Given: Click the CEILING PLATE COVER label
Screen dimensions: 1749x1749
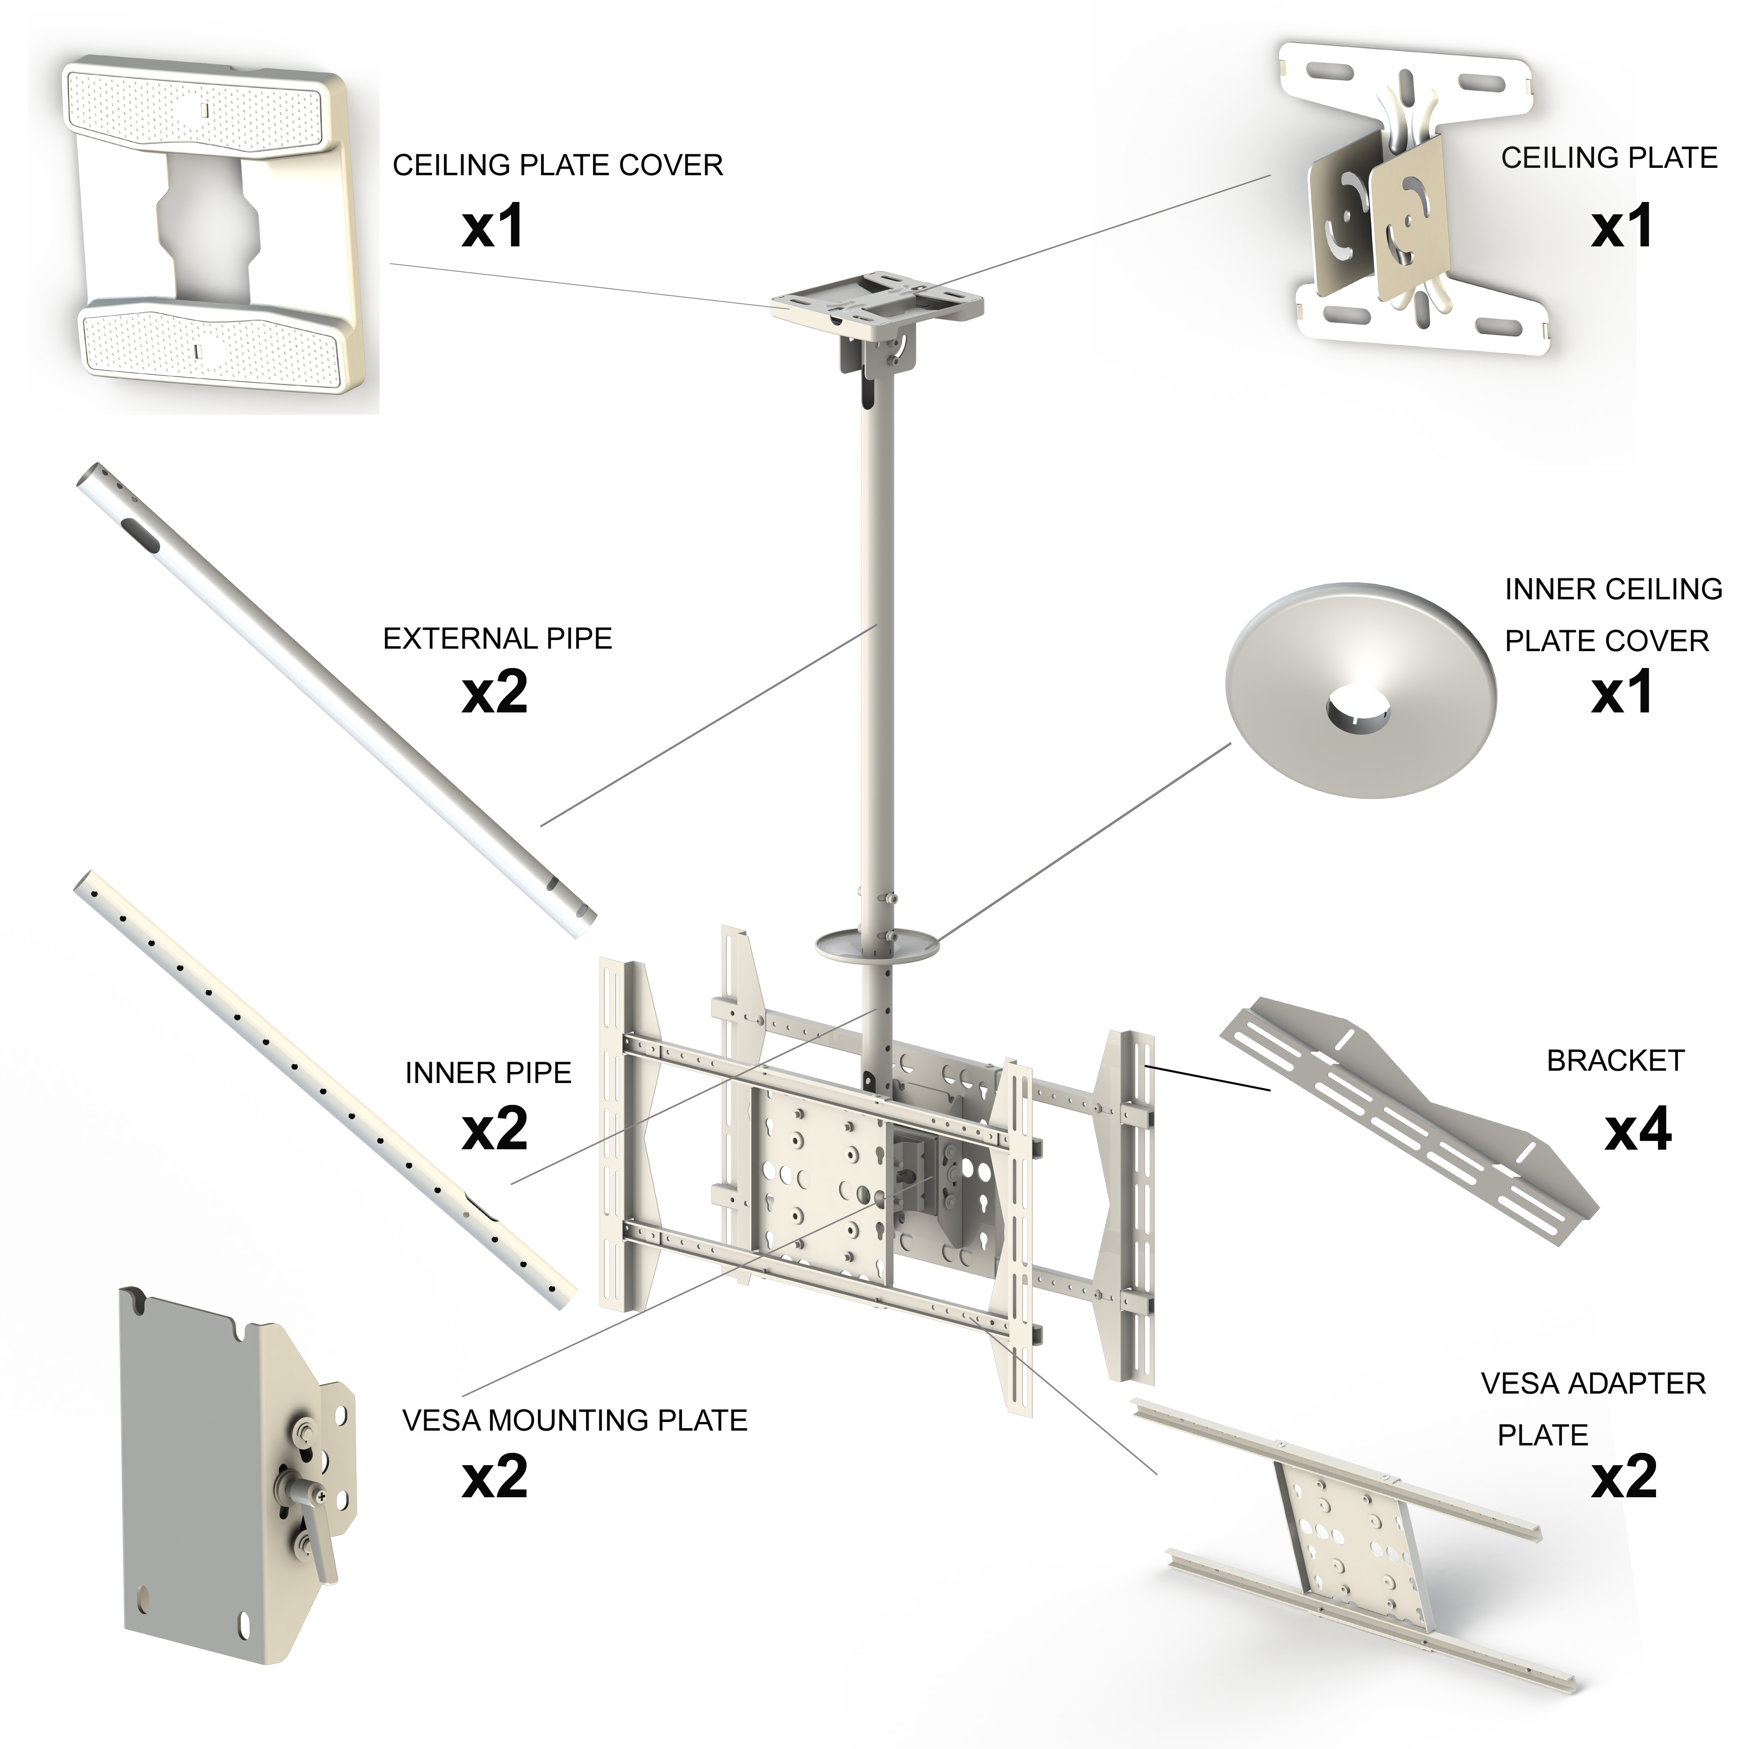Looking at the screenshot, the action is point(558,166).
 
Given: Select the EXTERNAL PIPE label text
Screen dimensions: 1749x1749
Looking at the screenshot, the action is point(497,639).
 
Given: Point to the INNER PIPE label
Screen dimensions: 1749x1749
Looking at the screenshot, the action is point(488,1074).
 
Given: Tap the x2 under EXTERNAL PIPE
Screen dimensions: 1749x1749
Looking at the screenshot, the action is point(494,694).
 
